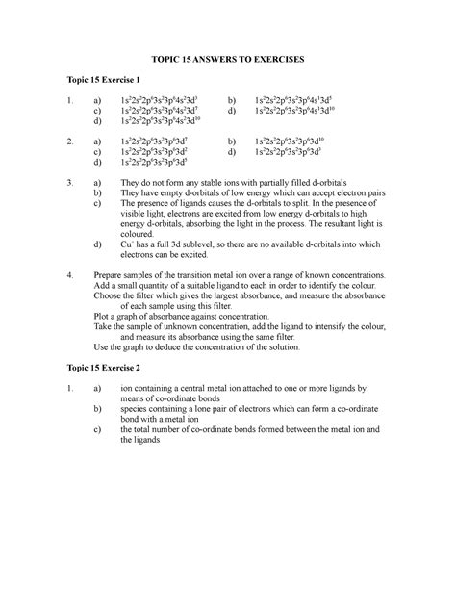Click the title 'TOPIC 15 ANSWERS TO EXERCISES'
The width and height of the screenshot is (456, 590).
click(x=227, y=60)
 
